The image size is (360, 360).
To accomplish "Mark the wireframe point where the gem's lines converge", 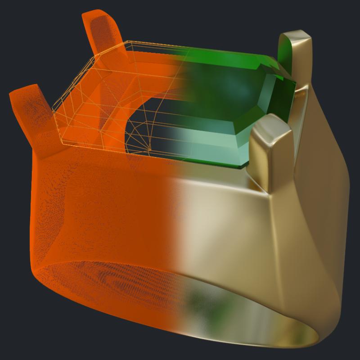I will pos(149,149).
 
